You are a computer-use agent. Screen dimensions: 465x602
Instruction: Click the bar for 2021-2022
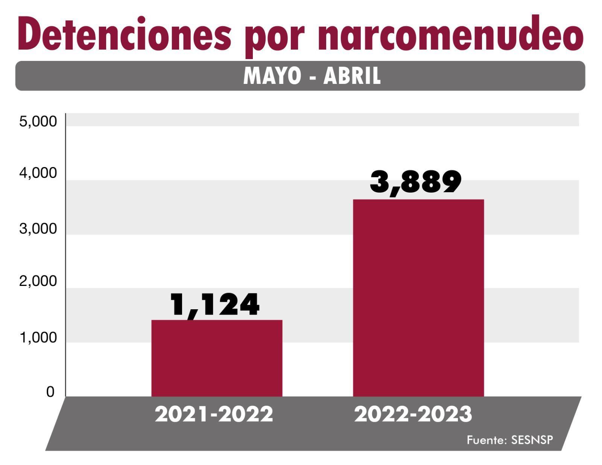[x=217, y=358]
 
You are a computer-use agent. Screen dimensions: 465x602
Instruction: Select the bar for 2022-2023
[x=418, y=298]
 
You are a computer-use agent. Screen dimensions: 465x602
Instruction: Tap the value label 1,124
[x=215, y=305]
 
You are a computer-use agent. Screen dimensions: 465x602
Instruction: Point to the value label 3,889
[x=416, y=182]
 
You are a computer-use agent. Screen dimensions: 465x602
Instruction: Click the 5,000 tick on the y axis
[x=38, y=122]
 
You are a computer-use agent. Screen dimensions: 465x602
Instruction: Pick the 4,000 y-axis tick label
[x=38, y=173]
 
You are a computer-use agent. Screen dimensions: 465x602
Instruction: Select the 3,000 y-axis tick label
[x=38, y=228]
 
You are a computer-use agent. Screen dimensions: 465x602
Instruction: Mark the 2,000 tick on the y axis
[x=38, y=281]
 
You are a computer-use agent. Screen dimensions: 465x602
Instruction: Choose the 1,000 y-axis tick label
[x=38, y=338]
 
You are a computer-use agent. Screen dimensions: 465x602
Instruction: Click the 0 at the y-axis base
[x=50, y=392]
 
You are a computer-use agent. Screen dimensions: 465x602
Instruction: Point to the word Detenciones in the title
[x=124, y=35]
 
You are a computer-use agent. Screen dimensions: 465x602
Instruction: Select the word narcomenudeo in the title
[x=450, y=35]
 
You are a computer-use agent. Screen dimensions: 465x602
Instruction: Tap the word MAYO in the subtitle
[x=272, y=76]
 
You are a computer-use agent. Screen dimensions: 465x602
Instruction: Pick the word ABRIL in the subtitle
[x=352, y=76]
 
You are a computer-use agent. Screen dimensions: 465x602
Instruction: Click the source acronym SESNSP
[x=532, y=440]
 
